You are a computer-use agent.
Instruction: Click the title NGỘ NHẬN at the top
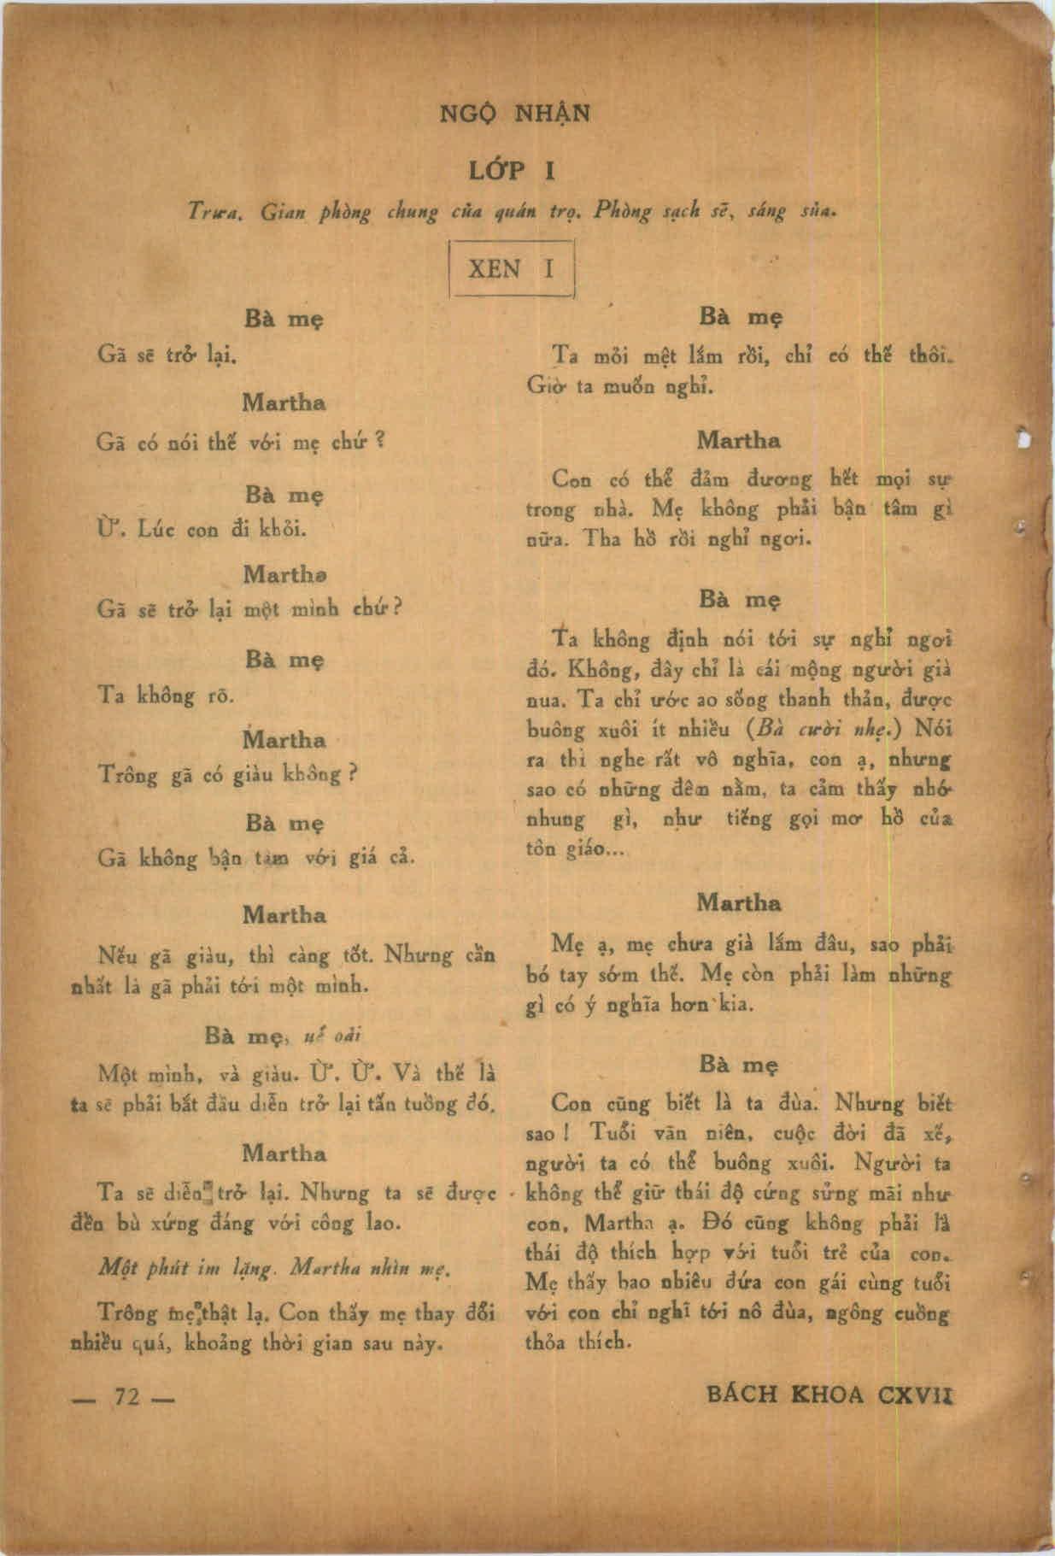tap(514, 114)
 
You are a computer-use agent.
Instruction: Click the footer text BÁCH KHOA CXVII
tap(829, 1395)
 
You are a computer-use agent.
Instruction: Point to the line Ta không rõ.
tap(166, 696)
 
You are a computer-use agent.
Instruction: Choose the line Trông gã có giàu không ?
tap(227, 775)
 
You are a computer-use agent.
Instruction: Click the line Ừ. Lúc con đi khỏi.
tap(202, 529)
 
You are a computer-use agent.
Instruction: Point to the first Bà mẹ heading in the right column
tap(739, 317)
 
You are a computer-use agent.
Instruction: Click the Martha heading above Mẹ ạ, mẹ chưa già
tap(739, 902)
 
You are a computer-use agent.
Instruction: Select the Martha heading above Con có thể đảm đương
tap(739, 441)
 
